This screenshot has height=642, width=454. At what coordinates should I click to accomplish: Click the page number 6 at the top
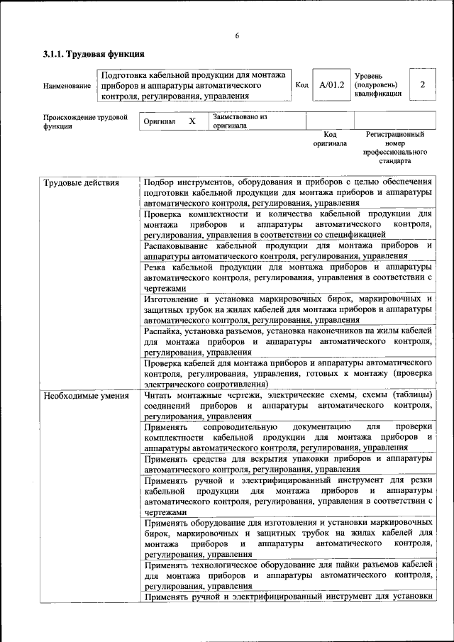click(x=237, y=36)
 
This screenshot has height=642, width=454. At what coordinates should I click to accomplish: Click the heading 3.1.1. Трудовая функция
click(x=94, y=54)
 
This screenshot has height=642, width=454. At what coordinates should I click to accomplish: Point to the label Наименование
click(x=67, y=86)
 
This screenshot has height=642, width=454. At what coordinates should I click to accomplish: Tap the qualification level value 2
click(x=423, y=85)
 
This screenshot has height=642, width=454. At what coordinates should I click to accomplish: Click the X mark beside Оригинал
click(x=192, y=121)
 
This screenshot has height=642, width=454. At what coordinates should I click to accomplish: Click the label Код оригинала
click(x=330, y=138)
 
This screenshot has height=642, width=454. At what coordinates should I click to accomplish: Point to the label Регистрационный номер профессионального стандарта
click(x=395, y=148)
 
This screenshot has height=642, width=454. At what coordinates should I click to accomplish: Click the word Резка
click(x=156, y=267)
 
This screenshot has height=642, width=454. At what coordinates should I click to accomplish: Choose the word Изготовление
click(x=175, y=299)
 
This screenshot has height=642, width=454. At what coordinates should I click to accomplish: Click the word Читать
click(x=160, y=395)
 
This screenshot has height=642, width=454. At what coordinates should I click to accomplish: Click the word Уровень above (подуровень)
click(x=369, y=74)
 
